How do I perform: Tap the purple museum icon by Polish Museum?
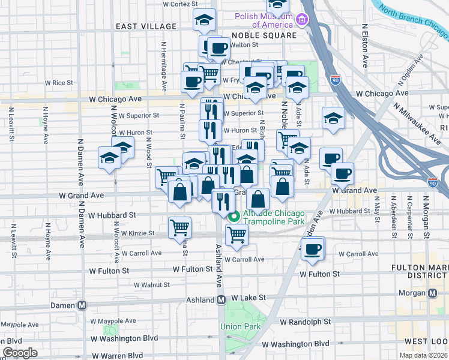pyautogui.click(x=302, y=21)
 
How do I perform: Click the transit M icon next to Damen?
pyautogui.click(x=82, y=305)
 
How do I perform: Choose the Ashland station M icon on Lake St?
pyautogui.click(x=221, y=299)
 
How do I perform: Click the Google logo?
pyautogui.click(x=20, y=353)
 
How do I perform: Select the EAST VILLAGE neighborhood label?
pyautogui.click(x=143, y=26)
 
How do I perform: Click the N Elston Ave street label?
pyautogui.click(x=364, y=45)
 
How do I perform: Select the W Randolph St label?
pyautogui.click(x=306, y=322)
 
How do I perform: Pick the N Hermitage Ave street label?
pyautogui.click(x=163, y=63)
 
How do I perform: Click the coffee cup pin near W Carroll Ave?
pyautogui.click(x=312, y=249)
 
